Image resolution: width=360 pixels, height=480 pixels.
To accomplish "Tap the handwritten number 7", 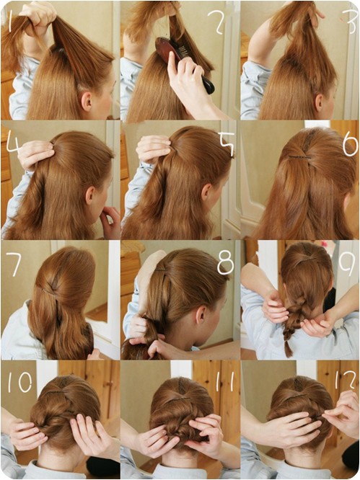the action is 14,265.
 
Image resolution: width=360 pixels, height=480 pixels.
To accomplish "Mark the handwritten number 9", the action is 348,264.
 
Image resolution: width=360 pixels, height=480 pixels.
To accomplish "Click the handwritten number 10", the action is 20,382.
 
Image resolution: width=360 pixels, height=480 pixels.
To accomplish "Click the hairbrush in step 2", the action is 185,64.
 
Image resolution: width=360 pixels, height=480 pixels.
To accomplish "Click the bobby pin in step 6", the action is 300,157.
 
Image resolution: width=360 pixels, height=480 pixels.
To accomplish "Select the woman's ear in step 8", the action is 201,315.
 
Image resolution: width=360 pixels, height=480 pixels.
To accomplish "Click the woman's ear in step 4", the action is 90,195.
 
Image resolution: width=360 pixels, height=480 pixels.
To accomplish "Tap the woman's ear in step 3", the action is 320,103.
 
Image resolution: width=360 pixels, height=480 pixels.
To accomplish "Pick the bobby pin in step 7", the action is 49,290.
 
